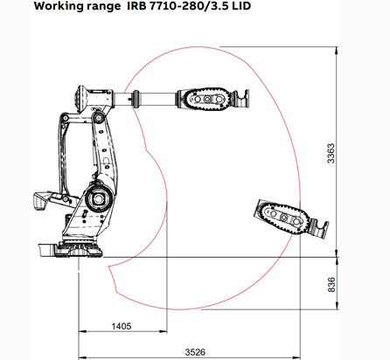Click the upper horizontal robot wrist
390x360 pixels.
pyautogui.click(x=208, y=100)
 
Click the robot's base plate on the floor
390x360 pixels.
pyautogui.click(x=74, y=250)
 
